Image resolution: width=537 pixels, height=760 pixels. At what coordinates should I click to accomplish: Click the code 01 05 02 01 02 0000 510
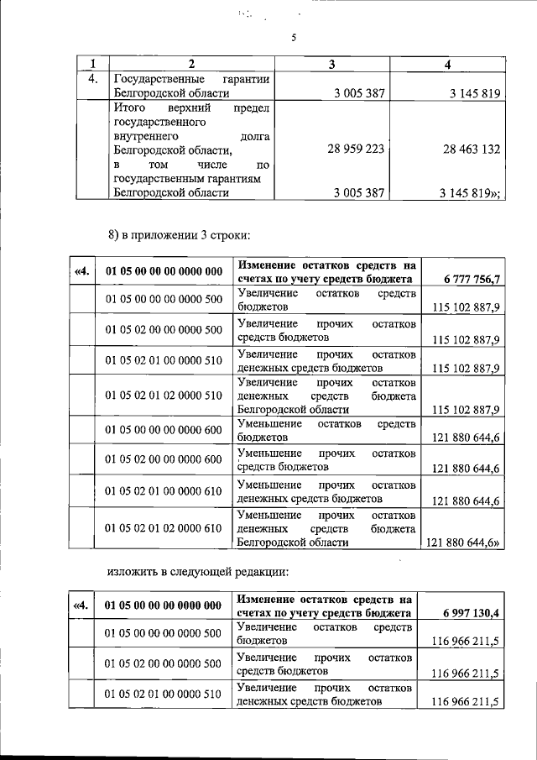click(x=163, y=395)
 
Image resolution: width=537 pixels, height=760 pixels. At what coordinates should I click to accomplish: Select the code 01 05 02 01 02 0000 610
click(x=163, y=528)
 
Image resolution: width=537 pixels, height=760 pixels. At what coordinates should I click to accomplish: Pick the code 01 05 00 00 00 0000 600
click(x=163, y=430)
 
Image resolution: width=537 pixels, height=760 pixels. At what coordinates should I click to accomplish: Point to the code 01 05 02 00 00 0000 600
click(x=163, y=459)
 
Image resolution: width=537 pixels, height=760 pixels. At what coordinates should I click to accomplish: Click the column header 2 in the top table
click(x=191, y=64)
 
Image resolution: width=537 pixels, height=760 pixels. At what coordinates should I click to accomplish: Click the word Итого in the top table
click(x=130, y=109)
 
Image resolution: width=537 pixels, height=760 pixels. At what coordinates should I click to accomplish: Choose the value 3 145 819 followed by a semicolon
click(x=470, y=193)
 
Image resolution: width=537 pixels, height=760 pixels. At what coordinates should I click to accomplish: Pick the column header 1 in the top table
click(x=92, y=64)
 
